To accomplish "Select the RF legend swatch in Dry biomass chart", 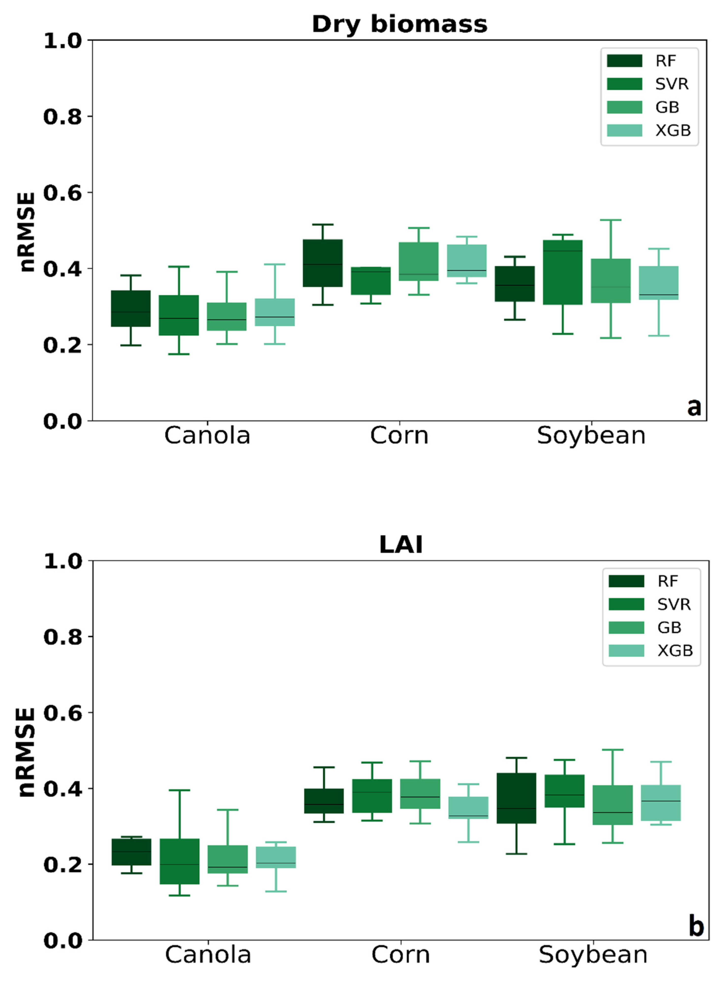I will pyautogui.click(x=625, y=61).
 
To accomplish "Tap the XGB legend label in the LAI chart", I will pyautogui.click(x=675, y=651).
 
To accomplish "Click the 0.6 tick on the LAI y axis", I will pyautogui.click(x=62, y=713).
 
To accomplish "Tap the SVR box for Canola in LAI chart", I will pyautogui.click(x=179, y=861).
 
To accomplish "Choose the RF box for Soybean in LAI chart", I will pyautogui.click(x=516, y=798).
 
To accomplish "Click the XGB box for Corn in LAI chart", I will pyautogui.click(x=468, y=808).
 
